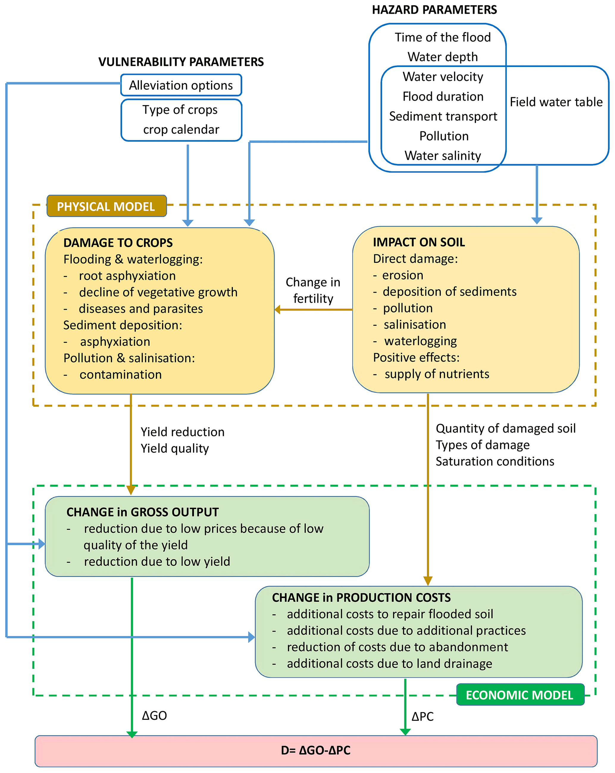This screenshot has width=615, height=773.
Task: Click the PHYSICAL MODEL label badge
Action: pos(106,206)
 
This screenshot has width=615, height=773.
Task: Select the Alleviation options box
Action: pos(181,85)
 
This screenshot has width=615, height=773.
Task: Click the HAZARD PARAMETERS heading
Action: pos(434,10)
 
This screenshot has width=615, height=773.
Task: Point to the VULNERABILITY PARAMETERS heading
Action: pos(181,62)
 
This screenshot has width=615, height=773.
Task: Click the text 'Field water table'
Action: pos(556,102)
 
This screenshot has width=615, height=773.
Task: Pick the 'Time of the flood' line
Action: pos(443,37)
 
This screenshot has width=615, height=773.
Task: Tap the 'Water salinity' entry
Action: pos(443,156)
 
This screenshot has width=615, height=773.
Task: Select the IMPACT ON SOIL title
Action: pos(419,242)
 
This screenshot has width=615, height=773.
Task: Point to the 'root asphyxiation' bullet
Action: pos(127,276)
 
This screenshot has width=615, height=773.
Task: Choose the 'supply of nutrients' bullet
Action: pos(436,374)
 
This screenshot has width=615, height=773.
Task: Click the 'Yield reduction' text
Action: pos(182,432)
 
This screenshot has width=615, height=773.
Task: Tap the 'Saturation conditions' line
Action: pos(494,461)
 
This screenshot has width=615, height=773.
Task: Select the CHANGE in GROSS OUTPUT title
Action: pos(142,512)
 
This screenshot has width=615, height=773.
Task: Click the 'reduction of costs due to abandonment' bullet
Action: pos(397,647)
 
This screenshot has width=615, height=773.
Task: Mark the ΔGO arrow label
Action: pos(154,716)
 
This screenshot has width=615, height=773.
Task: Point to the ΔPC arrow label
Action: pos(422,716)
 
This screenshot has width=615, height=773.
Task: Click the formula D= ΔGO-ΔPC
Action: pos(315,750)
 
